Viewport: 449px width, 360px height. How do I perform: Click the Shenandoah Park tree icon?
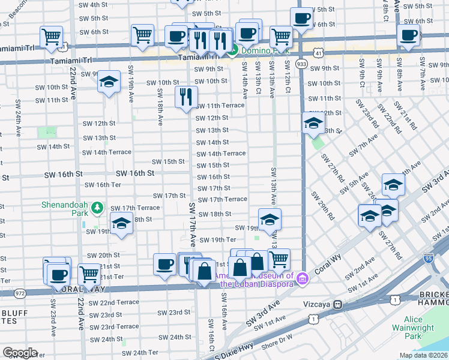[98, 208]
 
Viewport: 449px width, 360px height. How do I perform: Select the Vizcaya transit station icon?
[339, 304]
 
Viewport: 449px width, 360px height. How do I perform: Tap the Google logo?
[20, 353]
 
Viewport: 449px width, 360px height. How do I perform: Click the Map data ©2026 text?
[423, 355]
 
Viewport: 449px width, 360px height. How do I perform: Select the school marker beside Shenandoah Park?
[122, 224]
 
